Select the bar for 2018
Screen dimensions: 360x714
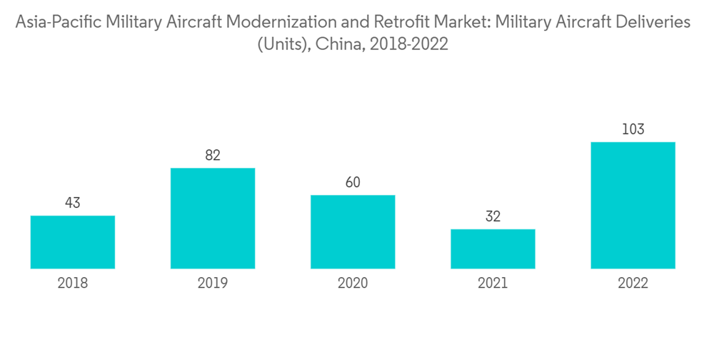click(73, 242)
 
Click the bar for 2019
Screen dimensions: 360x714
click(213, 219)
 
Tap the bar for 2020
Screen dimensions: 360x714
click(353, 232)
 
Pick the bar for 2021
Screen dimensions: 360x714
click(493, 249)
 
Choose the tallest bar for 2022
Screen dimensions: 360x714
click(633, 206)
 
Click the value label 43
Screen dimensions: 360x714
click(73, 203)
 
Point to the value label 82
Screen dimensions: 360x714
click(213, 155)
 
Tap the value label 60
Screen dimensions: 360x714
click(353, 182)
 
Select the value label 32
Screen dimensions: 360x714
click(493, 216)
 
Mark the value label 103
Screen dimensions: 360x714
click(633, 129)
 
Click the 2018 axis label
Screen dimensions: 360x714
click(73, 284)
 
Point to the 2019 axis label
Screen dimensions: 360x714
click(213, 284)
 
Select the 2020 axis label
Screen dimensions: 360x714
click(353, 284)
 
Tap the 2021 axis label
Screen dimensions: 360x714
click(493, 284)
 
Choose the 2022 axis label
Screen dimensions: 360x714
click(633, 284)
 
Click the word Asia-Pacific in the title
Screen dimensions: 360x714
click(61, 23)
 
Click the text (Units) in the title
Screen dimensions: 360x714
click(282, 44)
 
